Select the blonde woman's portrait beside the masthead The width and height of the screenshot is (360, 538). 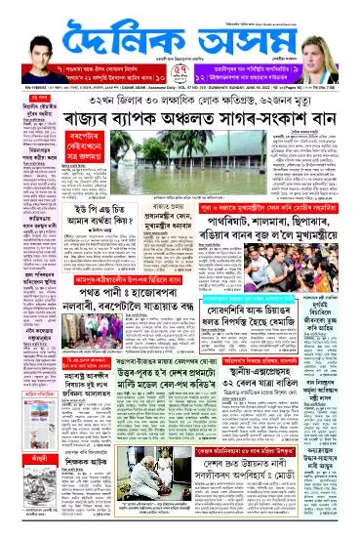(x=334, y=36)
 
